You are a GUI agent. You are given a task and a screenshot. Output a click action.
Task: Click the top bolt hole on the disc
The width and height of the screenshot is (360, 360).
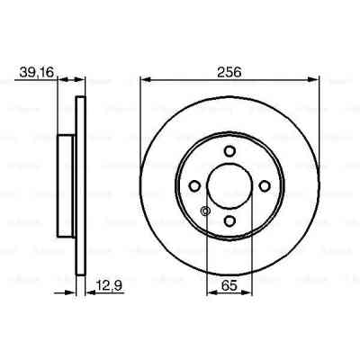point(229,150)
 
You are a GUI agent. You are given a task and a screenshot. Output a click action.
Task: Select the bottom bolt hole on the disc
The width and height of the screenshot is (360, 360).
point(229,221)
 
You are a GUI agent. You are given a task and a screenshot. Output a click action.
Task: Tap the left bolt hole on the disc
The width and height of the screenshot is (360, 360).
point(194,186)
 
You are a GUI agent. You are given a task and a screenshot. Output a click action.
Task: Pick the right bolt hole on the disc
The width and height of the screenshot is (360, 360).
point(265,186)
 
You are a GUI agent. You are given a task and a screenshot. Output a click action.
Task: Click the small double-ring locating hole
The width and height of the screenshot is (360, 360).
point(205,212)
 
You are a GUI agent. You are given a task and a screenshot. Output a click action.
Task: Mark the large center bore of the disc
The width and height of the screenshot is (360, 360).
point(229,186)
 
